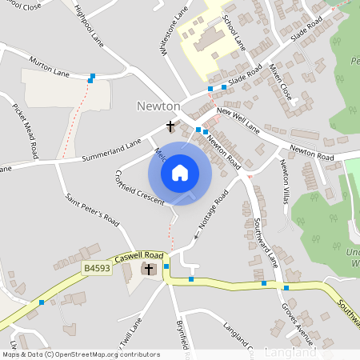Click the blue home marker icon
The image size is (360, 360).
180,172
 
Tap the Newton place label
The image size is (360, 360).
158,106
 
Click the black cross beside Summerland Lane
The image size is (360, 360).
170,126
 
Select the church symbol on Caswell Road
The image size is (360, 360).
150,270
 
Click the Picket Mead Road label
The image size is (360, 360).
23,128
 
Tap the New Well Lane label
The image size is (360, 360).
238,121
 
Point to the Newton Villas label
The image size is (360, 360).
284,183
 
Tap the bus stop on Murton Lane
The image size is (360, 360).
93,77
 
